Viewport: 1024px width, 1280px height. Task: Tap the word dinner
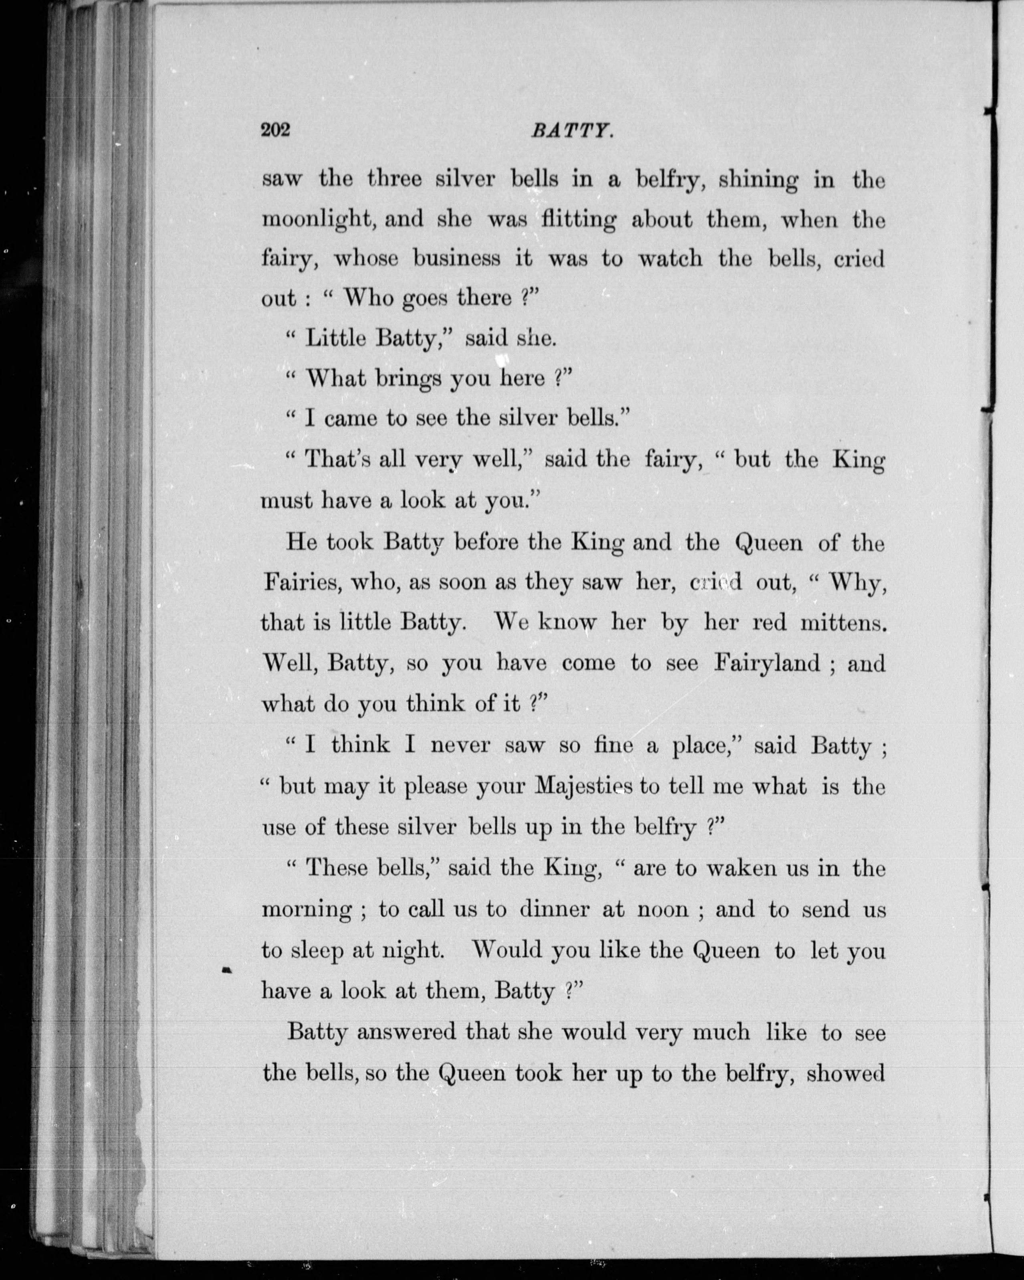(x=555, y=909)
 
